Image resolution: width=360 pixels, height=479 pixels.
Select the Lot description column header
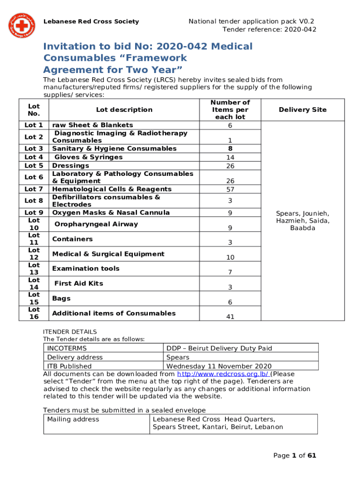coord(124,109)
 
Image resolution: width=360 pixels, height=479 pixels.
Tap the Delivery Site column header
coord(302,109)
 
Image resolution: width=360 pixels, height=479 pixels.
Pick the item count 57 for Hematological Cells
coord(230,189)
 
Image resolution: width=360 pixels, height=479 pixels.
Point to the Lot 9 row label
coord(34,212)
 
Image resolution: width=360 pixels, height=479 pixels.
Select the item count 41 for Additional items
coord(230,317)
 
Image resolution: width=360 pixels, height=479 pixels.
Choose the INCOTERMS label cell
coord(67,348)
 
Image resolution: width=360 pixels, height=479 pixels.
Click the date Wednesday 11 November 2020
coord(219,366)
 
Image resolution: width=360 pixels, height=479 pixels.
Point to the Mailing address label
coord(73,419)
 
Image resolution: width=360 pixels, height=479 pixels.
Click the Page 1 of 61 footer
coord(295,456)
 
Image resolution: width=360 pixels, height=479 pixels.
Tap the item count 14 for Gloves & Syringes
coord(230,158)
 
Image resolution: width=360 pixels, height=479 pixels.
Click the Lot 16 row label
coord(34,313)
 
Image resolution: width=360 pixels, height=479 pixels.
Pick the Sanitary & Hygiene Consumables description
coord(114,148)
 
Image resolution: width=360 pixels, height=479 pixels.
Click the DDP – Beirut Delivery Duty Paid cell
coord(219,348)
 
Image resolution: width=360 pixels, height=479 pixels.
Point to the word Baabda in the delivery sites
coord(302,228)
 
